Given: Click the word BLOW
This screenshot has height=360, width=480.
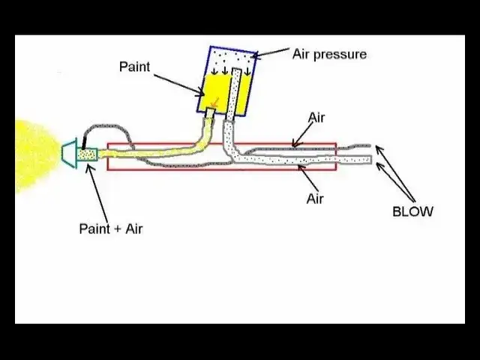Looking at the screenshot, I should click(412, 211).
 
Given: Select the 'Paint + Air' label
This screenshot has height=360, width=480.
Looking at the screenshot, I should click(110, 229).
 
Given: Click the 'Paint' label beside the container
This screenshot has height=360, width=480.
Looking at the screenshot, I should click(134, 67).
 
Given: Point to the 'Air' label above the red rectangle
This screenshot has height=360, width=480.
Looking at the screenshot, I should click(317, 118).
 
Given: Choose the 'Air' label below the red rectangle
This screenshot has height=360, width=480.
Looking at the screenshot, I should click(315, 199).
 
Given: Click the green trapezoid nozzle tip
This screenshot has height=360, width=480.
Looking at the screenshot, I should click(68, 154).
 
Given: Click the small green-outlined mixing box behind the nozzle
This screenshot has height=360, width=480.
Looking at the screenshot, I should click(87, 154).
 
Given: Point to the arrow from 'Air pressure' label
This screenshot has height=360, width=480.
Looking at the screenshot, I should click(270, 53).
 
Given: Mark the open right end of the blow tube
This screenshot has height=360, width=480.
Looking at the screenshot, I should click(369, 159).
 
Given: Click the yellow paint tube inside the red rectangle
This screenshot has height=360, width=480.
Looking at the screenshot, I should click(150, 152).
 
